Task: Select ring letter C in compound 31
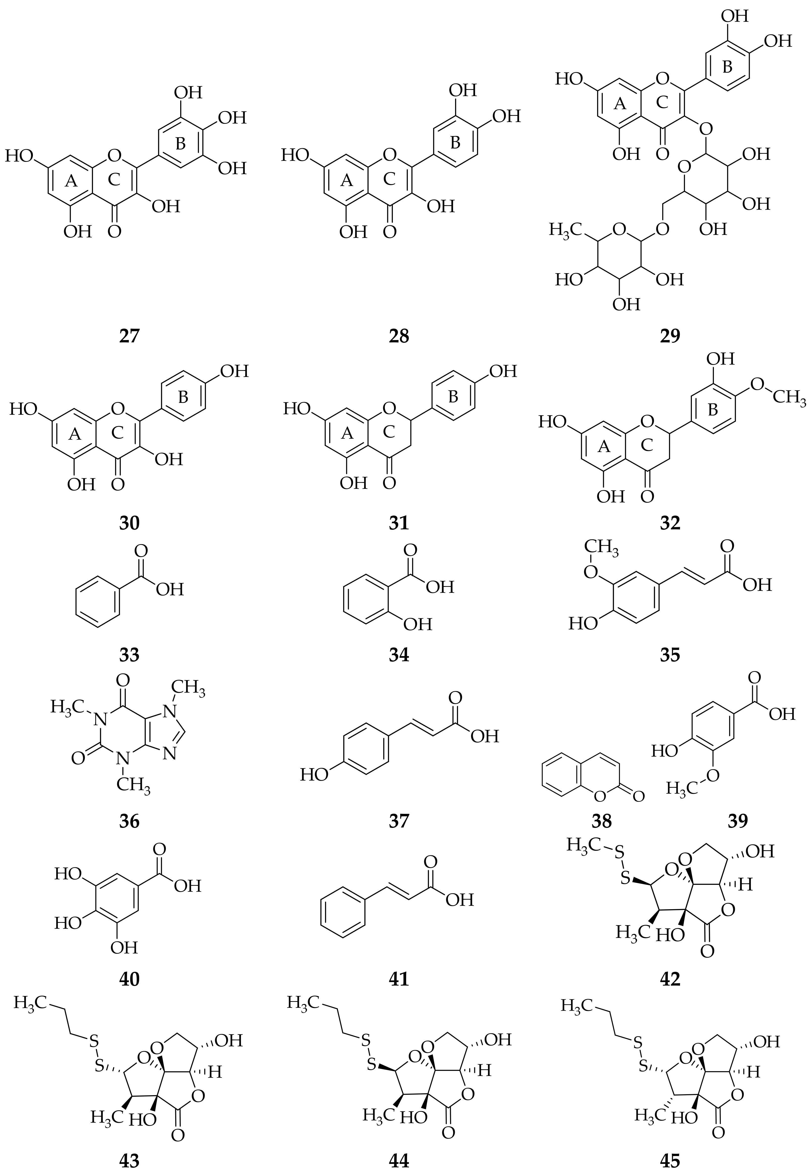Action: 389,432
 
